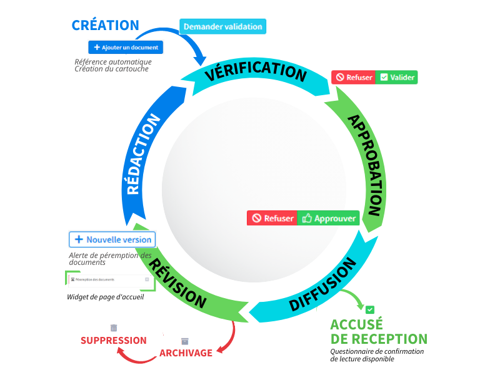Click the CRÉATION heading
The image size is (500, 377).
(105, 26)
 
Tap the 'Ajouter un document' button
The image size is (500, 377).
(126, 47)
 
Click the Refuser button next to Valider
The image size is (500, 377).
(353, 77)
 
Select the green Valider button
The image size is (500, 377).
(396, 77)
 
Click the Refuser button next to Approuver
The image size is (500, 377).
(272, 219)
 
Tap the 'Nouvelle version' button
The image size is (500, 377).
(112, 239)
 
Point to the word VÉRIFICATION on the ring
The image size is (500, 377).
(256, 71)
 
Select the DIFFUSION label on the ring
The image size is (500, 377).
(321, 290)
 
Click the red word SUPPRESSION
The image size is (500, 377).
(114, 341)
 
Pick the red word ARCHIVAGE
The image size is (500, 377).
(186, 353)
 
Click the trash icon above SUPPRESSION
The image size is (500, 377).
(114, 328)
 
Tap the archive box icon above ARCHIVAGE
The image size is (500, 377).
(184, 341)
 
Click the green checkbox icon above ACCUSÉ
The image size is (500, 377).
(370, 309)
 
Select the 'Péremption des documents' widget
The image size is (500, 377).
(110, 279)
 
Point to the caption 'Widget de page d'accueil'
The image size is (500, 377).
(106, 297)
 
